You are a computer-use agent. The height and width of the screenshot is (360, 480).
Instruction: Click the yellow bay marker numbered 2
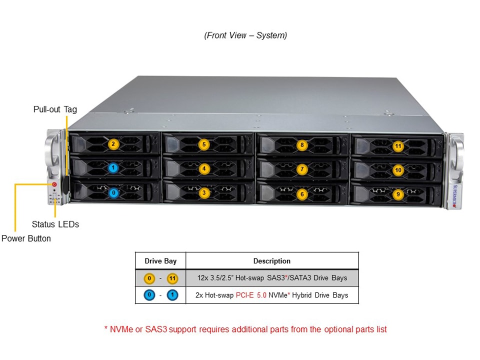113,144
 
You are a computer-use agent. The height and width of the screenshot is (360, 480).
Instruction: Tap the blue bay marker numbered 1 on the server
113,168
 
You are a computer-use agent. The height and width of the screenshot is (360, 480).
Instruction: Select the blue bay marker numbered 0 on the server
113,192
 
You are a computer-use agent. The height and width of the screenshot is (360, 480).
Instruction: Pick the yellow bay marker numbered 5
203,144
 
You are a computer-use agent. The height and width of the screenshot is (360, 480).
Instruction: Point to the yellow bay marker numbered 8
301,145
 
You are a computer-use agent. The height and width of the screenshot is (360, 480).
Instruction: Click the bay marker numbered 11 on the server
398,146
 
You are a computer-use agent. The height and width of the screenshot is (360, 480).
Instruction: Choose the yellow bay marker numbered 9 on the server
398,194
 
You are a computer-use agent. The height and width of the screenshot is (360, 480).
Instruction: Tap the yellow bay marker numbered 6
301,194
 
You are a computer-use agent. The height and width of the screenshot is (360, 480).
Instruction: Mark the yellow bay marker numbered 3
203,192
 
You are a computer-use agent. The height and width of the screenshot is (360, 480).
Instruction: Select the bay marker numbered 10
398,170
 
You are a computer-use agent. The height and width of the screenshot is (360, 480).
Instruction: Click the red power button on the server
54,184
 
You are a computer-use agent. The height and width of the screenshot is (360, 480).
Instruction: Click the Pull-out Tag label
55,109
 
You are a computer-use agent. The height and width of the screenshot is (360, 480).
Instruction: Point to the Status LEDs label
55,224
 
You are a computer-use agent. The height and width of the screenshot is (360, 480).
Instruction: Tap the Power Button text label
26,238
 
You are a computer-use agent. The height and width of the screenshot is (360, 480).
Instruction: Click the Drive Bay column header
160,261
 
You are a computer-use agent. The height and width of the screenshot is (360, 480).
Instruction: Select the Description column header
271,261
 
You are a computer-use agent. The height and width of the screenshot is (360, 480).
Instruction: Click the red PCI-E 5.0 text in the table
251,295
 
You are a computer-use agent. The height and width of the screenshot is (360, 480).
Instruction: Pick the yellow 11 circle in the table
172,278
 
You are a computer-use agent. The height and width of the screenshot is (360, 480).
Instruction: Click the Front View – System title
245,35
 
